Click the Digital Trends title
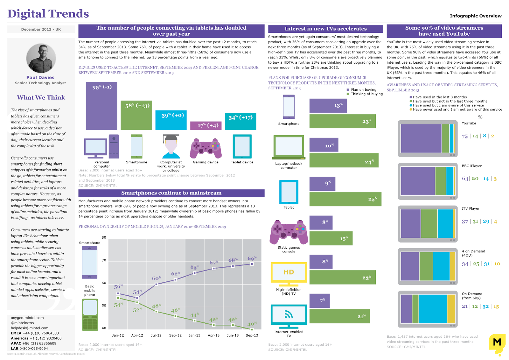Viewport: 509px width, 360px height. coord(48,14)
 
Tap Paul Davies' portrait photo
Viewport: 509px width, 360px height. coord(41,58)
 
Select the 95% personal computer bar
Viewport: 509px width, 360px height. coord(101,106)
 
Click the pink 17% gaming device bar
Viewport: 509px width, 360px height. coord(206,125)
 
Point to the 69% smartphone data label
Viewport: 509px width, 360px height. coord(252,258)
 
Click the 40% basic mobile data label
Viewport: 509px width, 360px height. coord(252,324)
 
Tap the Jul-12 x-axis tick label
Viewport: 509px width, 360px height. coord(156,335)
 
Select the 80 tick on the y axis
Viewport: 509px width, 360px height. coord(104,237)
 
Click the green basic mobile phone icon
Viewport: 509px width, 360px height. coord(90,315)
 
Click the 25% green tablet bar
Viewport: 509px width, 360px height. coord(345,199)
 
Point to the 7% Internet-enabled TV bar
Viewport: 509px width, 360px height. coord(319,300)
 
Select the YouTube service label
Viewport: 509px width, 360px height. coord(469,123)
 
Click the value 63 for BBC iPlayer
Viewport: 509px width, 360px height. coord(465,179)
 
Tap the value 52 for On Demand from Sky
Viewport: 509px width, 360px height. coord(485,307)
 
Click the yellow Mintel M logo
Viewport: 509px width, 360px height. coord(497,344)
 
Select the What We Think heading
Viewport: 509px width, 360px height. coord(41,98)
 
